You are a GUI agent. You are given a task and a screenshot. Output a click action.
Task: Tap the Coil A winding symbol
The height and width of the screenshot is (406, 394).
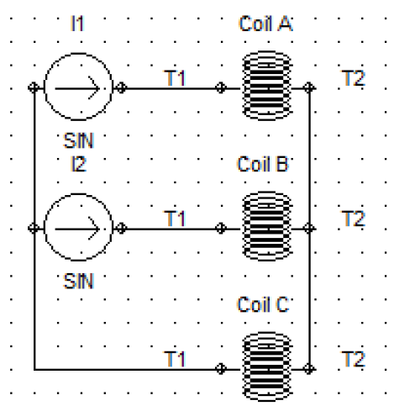(267, 86)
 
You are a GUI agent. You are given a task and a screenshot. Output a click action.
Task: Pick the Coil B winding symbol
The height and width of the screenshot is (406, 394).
(267, 226)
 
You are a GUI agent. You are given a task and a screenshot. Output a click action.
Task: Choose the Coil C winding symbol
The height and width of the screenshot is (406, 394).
(267, 367)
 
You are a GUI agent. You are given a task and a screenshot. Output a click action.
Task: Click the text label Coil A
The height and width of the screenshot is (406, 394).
(265, 24)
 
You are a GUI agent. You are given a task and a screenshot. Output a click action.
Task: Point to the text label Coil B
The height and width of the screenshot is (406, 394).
(263, 164)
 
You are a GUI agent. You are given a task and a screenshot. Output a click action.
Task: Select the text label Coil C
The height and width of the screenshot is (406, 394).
(263, 304)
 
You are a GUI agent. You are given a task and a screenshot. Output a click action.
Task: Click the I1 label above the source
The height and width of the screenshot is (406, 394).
(77, 24)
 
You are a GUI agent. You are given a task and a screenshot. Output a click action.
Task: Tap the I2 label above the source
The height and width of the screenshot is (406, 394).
(78, 164)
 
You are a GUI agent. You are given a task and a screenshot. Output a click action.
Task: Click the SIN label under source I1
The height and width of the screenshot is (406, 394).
(78, 140)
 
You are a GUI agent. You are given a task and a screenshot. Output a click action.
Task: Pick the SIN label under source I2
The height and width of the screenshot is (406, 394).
(78, 281)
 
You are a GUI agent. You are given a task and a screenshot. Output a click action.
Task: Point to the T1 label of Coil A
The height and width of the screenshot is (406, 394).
(175, 78)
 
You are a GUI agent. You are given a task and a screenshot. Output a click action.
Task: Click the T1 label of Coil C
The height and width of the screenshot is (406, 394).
(175, 359)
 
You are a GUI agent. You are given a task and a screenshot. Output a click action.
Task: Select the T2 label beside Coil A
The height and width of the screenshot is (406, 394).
(354, 78)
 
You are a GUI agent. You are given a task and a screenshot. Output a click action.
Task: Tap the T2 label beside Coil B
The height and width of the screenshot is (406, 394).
(354, 219)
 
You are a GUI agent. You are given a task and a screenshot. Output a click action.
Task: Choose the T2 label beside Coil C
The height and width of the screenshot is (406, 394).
(354, 359)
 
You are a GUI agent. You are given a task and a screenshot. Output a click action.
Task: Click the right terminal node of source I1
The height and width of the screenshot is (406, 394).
(121, 87)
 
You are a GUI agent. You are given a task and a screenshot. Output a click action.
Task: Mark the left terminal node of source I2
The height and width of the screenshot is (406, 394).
(34, 229)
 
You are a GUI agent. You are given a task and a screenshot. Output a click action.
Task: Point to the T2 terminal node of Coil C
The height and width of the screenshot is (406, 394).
(309, 369)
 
